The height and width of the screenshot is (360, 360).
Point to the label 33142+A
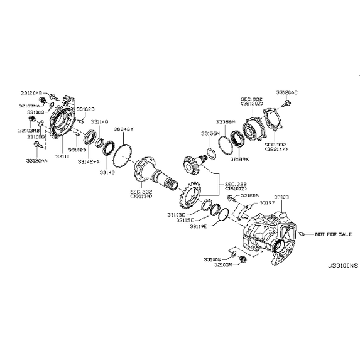tap(90, 161)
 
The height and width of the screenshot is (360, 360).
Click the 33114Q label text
tap(99, 121)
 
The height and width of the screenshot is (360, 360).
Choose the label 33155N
tap(210, 133)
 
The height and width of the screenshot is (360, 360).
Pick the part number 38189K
tap(239, 160)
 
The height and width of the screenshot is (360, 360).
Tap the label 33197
tap(268, 204)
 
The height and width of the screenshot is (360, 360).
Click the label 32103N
tap(222, 265)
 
